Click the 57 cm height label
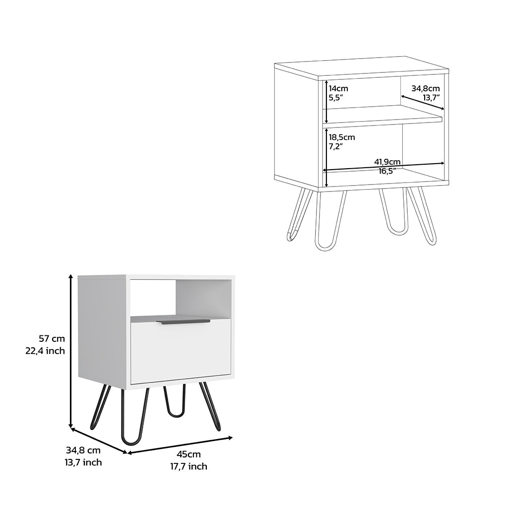point(52,339)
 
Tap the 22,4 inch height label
point(45,351)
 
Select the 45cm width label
point(189,454)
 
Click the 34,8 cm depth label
point(83,450)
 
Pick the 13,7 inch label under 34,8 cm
point(83,462)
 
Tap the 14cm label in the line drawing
point(338,88)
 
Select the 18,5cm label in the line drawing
point(342,137)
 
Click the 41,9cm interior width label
point(387,161)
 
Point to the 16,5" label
point(387,171)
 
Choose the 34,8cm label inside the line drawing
point(426,88)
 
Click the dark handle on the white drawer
point(183,322)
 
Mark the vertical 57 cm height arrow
point(71,352)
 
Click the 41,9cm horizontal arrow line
point(357,167)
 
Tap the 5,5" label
point(335,98)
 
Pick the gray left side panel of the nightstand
point(102,330)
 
